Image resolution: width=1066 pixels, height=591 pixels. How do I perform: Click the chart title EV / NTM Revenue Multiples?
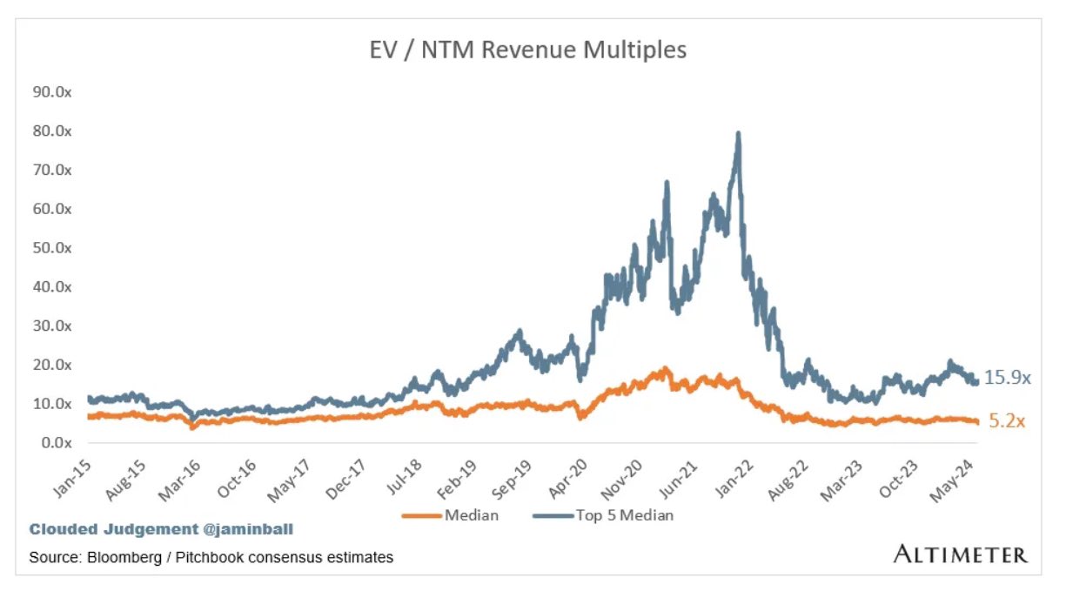528,50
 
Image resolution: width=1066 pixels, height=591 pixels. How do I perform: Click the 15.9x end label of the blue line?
1008,379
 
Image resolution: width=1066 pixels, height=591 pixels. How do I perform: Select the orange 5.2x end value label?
1008,422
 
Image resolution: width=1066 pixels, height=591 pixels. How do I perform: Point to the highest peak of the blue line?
738,133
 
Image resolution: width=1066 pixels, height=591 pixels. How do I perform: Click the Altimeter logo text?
960,554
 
